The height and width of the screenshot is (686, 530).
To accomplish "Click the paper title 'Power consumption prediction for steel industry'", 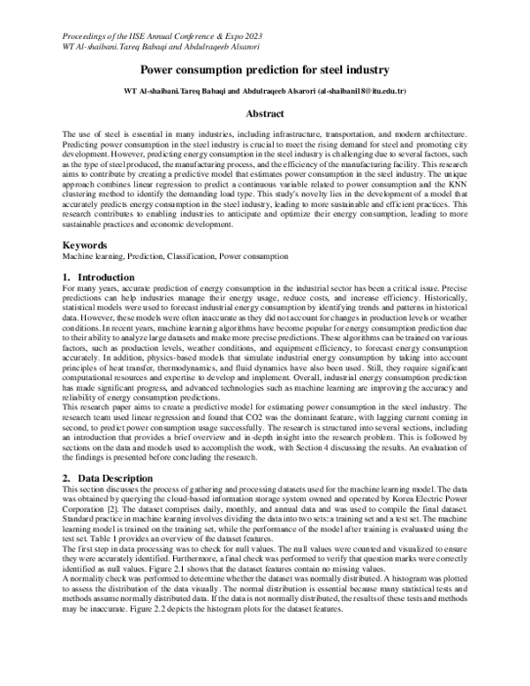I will [264, 69].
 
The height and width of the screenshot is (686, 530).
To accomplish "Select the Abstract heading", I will [264, 114].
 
